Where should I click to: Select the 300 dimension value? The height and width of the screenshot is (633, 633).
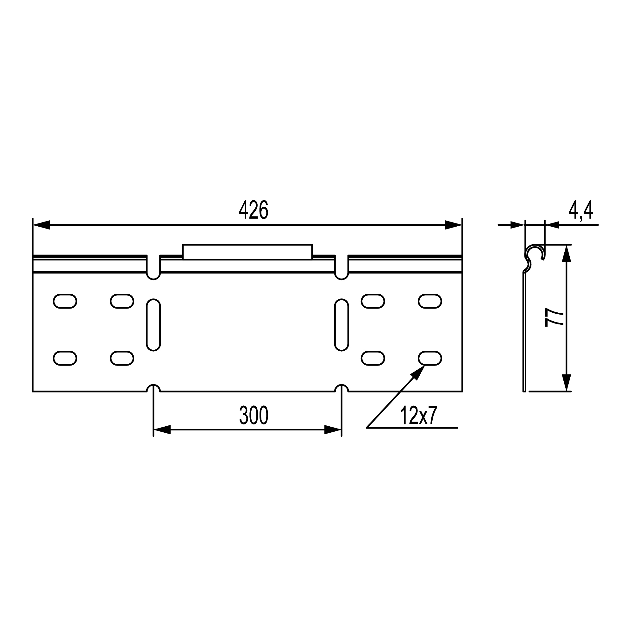point(254,415)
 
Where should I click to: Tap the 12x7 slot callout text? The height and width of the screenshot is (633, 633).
point(418,416)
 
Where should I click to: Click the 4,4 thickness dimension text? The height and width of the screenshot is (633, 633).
point(580,210)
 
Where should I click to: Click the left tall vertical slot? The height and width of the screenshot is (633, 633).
point(153,325)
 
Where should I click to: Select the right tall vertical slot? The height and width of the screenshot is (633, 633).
point(342,325)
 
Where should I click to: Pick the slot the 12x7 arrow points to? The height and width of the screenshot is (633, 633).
point(430,358)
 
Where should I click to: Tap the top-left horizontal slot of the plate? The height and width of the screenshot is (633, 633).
point(65,301)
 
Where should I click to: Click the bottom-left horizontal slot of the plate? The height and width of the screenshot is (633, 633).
point(65,358)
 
